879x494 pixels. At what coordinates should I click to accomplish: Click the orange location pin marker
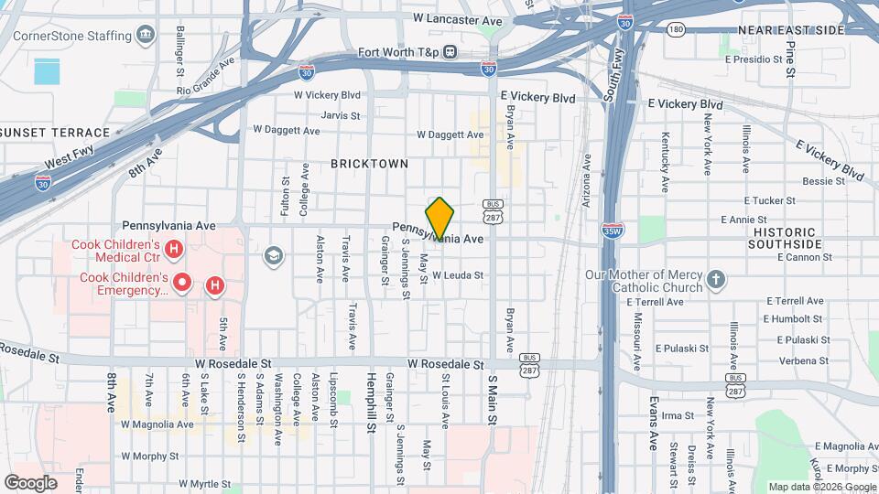click(440, 218)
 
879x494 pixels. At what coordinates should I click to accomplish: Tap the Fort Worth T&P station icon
click(450, 51)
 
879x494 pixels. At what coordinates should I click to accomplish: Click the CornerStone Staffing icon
click(146, 36)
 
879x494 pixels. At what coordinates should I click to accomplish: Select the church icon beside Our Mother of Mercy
click(716, 277)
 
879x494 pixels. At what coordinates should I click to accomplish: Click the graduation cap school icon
click(272, 254)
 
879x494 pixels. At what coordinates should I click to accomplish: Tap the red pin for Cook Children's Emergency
click(182, 283)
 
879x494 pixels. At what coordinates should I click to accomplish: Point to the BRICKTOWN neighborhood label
click(370, 163)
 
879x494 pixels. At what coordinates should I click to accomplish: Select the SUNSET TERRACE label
click(56, 133)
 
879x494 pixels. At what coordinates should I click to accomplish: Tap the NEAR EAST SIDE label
click(790, 30)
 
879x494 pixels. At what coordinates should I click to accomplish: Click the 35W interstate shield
click(613, 231)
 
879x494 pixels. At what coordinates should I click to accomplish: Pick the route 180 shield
click(676, 30)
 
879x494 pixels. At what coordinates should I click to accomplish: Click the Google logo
click(30, 482)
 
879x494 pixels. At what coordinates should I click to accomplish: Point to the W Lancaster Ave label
click(458, 19)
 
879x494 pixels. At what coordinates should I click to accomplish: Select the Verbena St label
click(802, 360)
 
